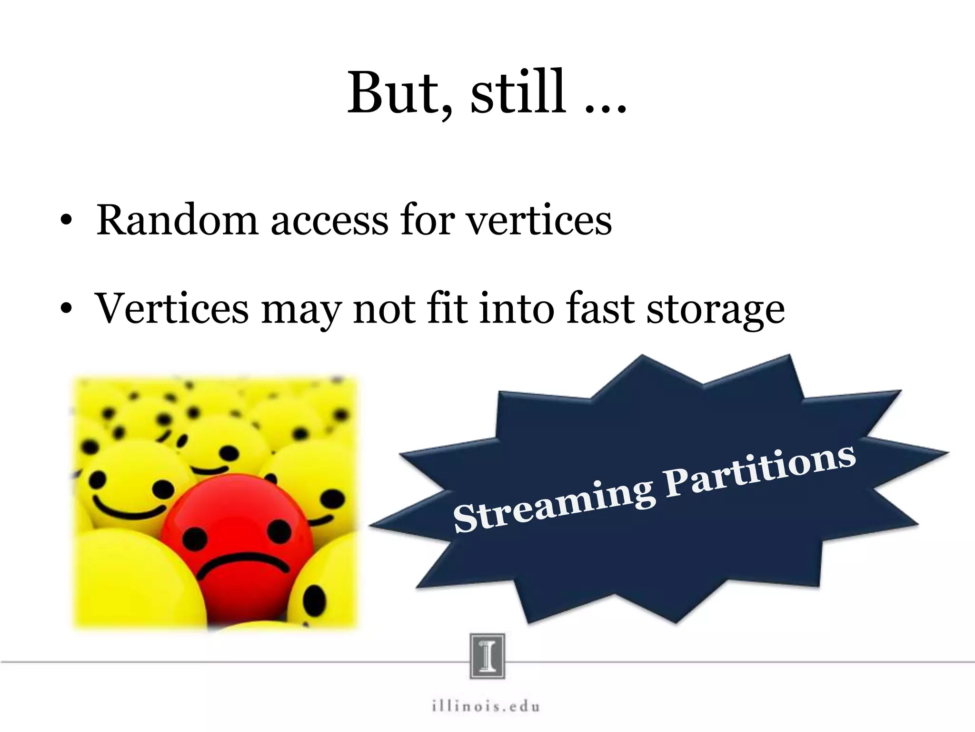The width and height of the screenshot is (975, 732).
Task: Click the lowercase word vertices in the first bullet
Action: (x=538, y=220)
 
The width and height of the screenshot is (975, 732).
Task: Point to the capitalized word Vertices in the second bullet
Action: (x=172, y=308)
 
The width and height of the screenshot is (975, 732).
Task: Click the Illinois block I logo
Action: (x=487, y=656)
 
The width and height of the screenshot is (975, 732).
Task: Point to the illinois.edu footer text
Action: (x=486, y=706)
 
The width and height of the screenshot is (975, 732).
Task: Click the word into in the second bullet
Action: (x=517, y=308)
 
